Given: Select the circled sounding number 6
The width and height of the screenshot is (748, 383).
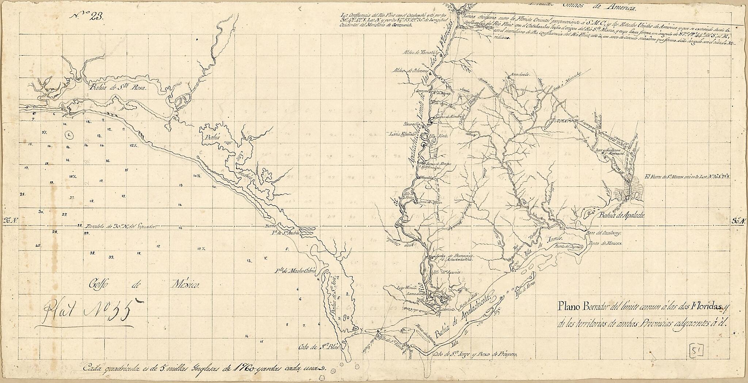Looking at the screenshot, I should click(69, 135).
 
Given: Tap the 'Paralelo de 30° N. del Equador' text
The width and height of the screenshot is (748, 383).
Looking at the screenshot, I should click(121, 226).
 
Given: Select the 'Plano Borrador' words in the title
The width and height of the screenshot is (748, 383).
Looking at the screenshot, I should click(583, 306).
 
